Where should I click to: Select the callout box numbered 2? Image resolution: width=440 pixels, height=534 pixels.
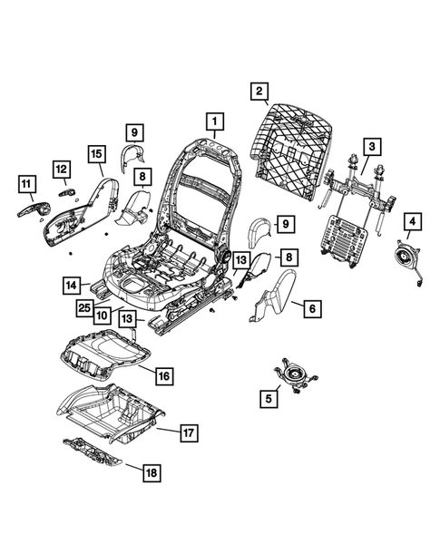click(x=259, y=91)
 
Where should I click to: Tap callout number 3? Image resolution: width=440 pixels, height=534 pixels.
click(x=371, y=146)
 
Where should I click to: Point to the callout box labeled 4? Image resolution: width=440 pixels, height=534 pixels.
click(x=412, y=221)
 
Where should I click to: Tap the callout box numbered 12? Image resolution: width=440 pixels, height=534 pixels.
click(x=61, y=169)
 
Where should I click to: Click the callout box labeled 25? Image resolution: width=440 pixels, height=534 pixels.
click(x=83, y=309)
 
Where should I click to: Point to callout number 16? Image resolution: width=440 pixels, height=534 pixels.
click(x=163, y=374)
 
